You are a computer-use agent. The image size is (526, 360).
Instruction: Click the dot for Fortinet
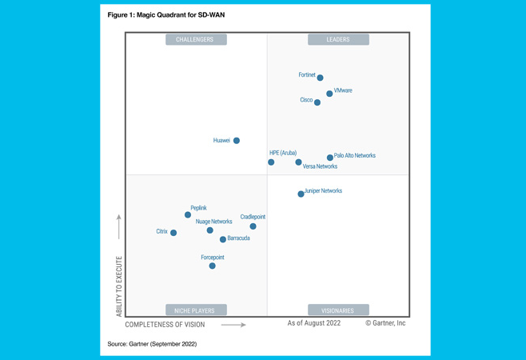320,78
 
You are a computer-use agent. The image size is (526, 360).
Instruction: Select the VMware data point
329,94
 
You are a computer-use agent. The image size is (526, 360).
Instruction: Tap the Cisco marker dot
317,102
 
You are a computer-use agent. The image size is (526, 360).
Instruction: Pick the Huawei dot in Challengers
237,141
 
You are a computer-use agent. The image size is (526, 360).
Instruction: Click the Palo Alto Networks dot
330,158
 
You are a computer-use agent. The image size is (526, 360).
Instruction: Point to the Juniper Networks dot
301,194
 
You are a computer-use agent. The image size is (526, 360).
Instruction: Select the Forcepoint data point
212,266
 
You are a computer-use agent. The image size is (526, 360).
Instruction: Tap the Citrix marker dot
173,233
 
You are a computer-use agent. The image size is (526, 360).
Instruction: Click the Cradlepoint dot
253,226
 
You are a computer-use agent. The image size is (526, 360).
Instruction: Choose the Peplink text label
198,208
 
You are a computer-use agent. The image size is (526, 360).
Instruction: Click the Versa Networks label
320,166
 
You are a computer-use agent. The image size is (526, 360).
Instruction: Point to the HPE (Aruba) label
283,153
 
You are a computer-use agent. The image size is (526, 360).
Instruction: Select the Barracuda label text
238,238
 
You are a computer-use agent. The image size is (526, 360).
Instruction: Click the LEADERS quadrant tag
338,39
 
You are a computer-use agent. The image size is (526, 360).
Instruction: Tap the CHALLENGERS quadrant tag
196,39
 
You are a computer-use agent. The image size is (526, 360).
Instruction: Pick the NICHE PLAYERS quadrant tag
196,310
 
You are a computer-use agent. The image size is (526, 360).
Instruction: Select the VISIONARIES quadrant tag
338,310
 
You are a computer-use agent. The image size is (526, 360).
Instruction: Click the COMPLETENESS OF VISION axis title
165,325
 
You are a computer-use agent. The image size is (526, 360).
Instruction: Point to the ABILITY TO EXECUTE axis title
119,286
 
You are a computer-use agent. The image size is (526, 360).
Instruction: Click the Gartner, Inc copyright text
385,323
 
